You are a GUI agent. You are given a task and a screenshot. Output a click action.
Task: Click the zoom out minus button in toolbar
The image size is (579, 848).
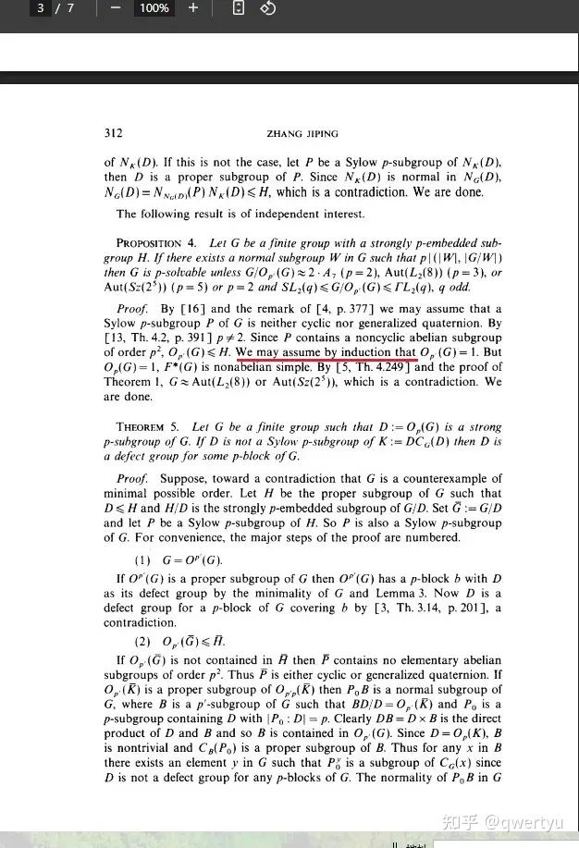(x=116, y=8)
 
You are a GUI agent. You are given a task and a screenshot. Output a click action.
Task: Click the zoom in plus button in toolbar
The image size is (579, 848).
(x=192, y=8)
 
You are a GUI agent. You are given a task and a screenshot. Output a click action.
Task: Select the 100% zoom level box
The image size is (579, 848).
(x=154, y=8)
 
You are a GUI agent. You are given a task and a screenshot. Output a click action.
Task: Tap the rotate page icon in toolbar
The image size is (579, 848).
(x=267, y=8)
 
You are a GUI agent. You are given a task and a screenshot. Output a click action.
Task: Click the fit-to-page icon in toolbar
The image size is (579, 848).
(x=238, y=8)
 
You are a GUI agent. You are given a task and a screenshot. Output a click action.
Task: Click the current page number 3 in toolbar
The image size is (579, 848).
(x=41, y=8)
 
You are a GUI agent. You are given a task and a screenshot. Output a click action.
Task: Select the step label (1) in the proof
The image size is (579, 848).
(x=142, y=560)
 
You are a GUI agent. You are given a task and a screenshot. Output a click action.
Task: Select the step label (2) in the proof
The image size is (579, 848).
(x=142, y=641)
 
